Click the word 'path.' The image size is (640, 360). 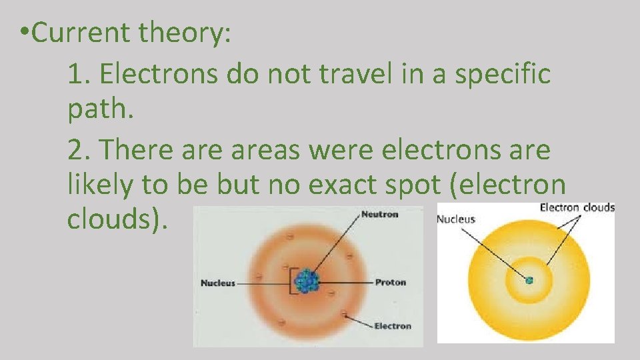(101, 112)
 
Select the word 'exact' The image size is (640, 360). (354, 185)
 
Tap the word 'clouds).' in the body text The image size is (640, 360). (117, 221)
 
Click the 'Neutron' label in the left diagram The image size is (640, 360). (379, 214)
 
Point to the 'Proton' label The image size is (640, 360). (391, 283)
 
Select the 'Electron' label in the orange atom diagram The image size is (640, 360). (393, 326)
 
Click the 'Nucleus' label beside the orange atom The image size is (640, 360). (218, 283)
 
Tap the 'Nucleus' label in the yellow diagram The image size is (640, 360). (456, 219)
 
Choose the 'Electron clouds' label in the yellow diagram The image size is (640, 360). (577, 207)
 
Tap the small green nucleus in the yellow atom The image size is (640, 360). (529, 280)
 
